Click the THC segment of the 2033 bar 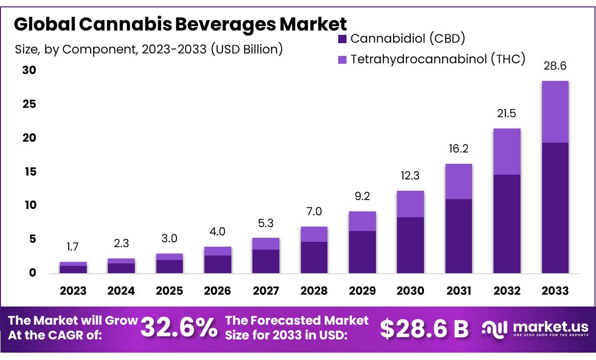[x=555, y=112]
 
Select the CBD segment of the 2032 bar [x=507, y=224]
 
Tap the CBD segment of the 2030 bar [x=410, y=245]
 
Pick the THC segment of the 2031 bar [x=458, y=181]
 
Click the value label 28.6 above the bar [x=555, y=66]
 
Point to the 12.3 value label [x=410, y=176]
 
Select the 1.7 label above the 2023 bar [x=73, y=247]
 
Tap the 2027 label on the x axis [x=266, y=291]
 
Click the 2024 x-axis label [x=121, y=291]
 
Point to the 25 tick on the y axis [x=29, y=104]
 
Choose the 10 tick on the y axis [x=29, y=205]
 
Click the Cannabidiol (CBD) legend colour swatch [x=342, y=39]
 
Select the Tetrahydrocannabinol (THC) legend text [x=438, y=59]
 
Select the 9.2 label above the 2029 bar [x=362, y=196]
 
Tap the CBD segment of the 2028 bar [x=314, y=257]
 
